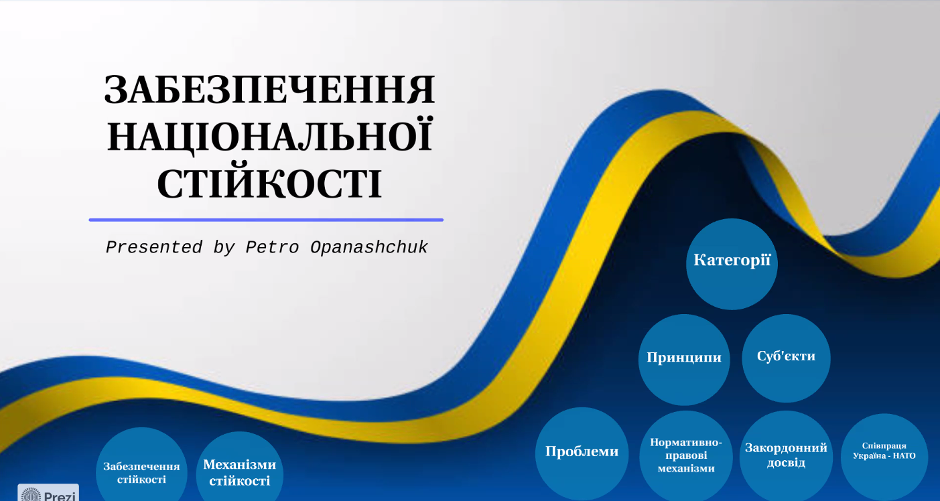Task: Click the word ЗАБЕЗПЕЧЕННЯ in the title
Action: click(x=269, y=90)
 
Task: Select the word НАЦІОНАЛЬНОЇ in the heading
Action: click(x=270, y=135)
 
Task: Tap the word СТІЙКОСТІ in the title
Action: click(x=269, y=184)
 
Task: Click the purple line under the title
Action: click(x=266, y=220)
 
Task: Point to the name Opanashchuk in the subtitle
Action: click(x=369, y=247)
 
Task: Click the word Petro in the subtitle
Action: click(x=272, y=248)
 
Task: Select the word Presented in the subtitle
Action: click(x=154, y=247)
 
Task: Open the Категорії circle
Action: click(x=732, y=264)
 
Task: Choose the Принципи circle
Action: click(x=684, y=360)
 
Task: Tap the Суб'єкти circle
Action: click(x=786, y=358)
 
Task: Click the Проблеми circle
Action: click(x=582, y=453)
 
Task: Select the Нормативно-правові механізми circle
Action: click(x=686, y=455)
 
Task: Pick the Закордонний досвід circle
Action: click(x=786, y=455)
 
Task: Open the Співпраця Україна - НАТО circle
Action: click(x=884, y=457)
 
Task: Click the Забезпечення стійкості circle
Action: click(x=141, y=465)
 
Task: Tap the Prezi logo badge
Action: click(x=48, y=492)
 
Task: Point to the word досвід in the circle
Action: click(x=786, y=463)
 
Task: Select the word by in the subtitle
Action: click(x=224, y=248)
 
